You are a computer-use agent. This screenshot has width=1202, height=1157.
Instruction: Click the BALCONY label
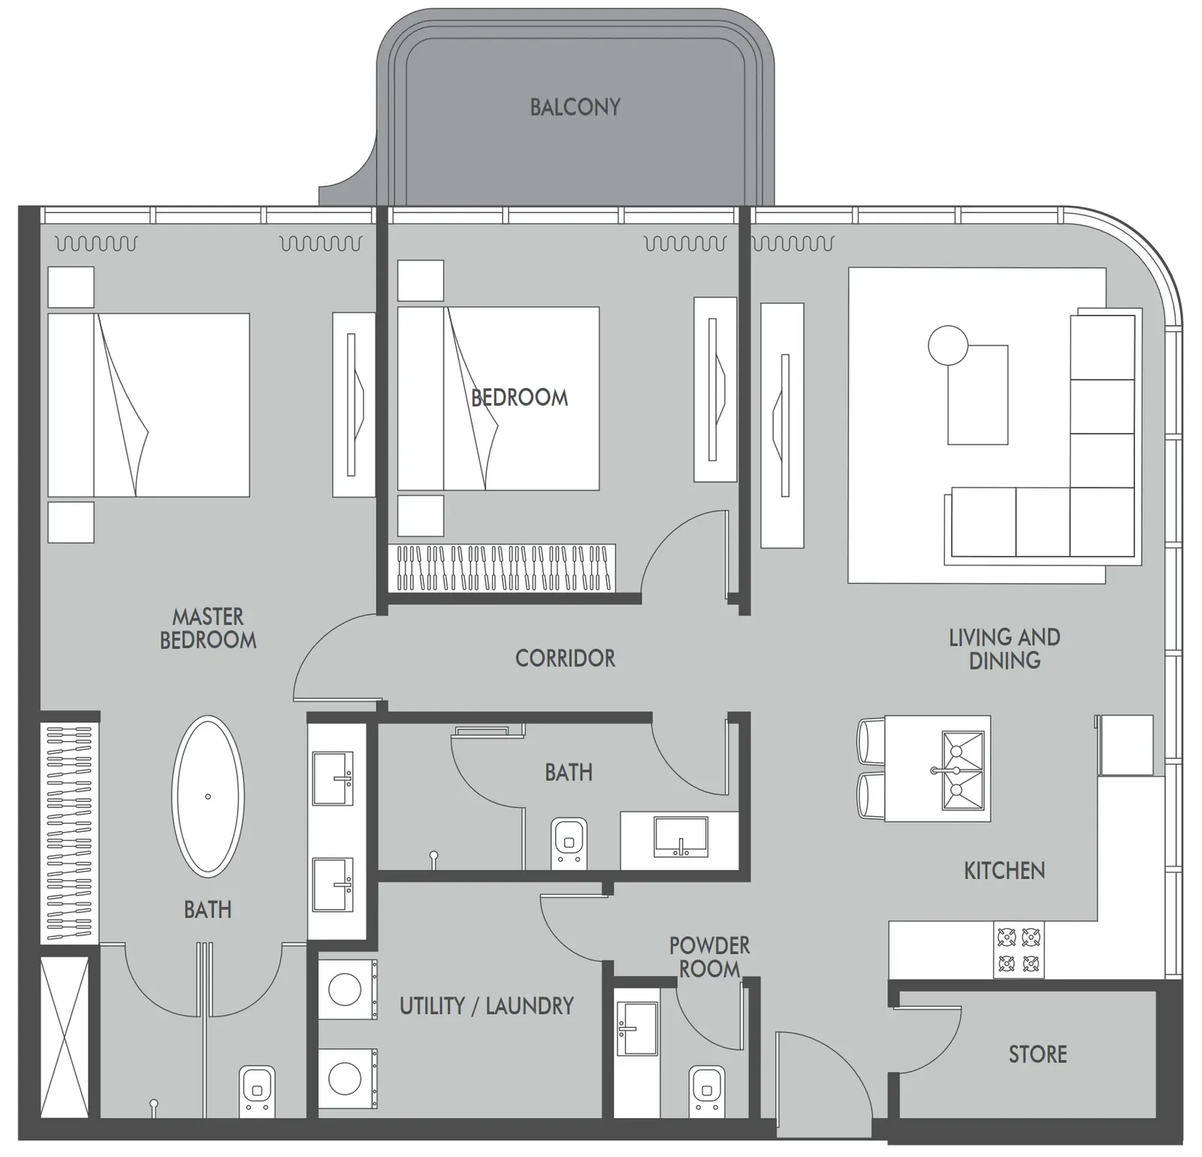575,107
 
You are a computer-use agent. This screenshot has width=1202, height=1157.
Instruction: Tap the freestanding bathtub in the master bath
208,797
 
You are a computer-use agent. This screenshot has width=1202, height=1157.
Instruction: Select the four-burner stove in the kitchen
1019,949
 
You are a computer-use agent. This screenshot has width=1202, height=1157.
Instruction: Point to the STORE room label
1037,1054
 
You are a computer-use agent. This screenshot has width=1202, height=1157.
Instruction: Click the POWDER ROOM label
709,957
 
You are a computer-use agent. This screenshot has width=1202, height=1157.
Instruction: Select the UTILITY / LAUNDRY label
486,1005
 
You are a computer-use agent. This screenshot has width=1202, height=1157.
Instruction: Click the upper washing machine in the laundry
347,990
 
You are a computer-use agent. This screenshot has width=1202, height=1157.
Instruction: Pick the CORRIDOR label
565,658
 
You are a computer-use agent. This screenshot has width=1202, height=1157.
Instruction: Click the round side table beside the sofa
948,345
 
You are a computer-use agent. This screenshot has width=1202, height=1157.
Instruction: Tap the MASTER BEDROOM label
208,628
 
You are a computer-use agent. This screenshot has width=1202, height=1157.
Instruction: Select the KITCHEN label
1004,871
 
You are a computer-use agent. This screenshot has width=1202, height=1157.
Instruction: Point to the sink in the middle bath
681,837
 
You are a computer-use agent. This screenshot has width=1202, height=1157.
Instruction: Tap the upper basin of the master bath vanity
333,779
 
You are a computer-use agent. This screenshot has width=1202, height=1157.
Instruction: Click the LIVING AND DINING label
1004,649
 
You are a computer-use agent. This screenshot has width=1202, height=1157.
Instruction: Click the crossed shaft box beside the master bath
64,1037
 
